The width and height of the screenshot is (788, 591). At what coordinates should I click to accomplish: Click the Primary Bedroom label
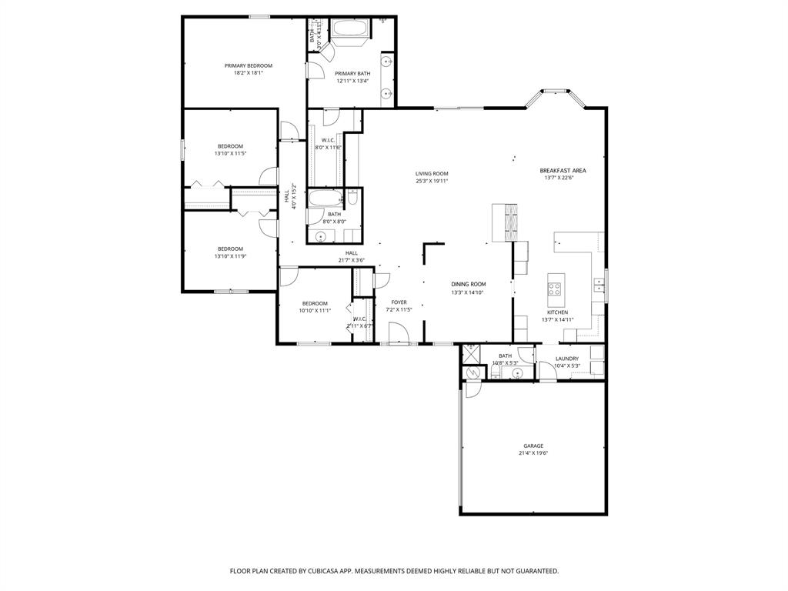[248, 66]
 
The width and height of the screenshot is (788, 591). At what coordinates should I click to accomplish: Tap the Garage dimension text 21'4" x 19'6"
[533, 453]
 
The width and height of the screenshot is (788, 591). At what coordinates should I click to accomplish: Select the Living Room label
[432, 174]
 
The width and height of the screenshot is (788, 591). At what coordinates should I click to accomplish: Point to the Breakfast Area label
[563, 171]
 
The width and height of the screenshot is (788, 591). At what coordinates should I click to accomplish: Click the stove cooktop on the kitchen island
[554, 289]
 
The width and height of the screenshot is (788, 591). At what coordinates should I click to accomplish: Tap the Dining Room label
[468, 284]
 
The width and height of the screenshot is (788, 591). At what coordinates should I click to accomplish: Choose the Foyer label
[399, 302]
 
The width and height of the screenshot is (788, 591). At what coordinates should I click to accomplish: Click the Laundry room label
[567, 359]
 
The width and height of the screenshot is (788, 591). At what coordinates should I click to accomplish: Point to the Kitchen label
[558, 312]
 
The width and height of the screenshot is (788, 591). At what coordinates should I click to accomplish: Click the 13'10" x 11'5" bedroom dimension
[230, 153]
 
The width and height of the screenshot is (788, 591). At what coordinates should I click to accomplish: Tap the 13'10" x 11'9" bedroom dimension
[230, 255]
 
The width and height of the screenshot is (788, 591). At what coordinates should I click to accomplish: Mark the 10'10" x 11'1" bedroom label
[315, 303]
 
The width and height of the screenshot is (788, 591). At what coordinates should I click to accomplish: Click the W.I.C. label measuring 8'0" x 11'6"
[328, 140]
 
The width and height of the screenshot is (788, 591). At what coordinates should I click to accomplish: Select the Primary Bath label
[352, 74]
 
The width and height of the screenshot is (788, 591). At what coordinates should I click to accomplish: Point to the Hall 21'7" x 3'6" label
[351, 253]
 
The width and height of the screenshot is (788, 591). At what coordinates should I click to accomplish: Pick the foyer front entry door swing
[399, 333]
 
